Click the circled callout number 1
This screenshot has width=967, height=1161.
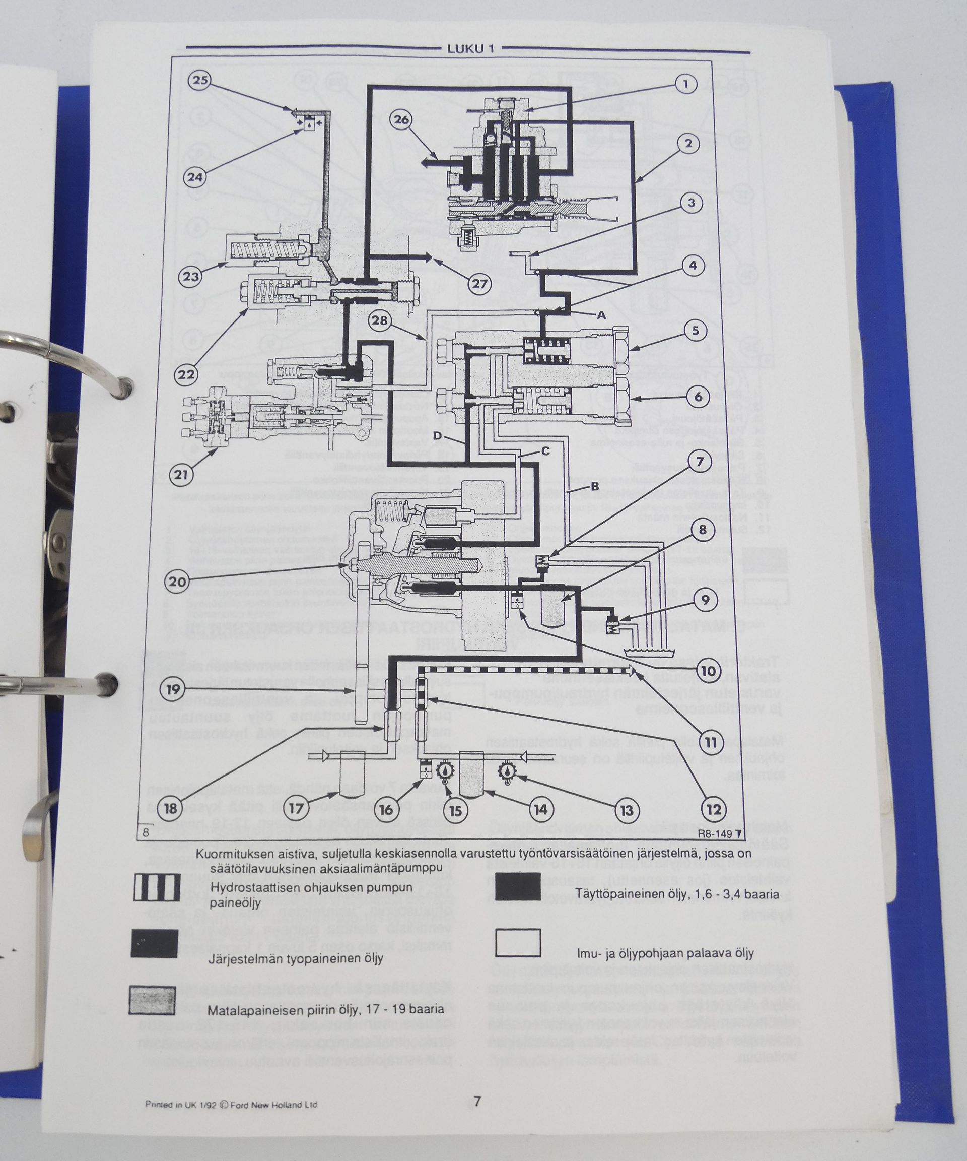(x=685, y=85)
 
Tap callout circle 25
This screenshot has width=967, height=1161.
(x=200, y=81)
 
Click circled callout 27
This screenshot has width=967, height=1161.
(x=479, y=284)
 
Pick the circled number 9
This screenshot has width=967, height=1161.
(x=705, y=600)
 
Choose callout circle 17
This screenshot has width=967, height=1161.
(x=296, y=809)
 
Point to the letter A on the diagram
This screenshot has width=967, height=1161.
(x=601, y=314)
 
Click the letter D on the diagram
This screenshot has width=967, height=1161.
(x=437, y=436)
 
